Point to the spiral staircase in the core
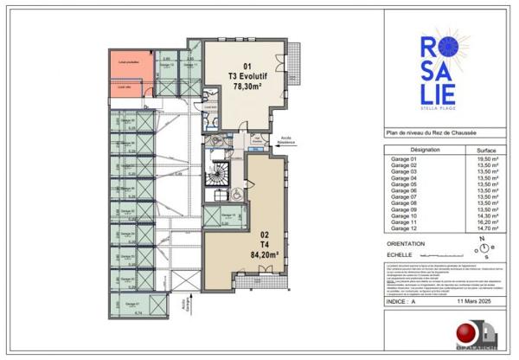[x=216, y=179]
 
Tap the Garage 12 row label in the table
[x=404, y=228]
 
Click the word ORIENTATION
[x=406, y=244]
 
